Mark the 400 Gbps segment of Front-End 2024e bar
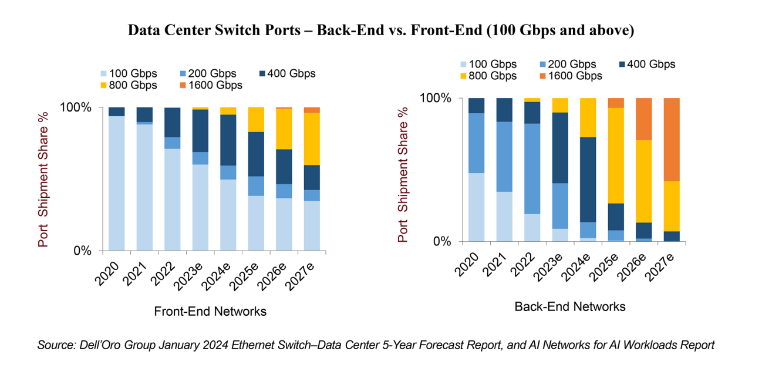[x=228, y=140]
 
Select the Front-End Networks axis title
[x=210, y=312]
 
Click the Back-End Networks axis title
[x=569, y=306]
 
